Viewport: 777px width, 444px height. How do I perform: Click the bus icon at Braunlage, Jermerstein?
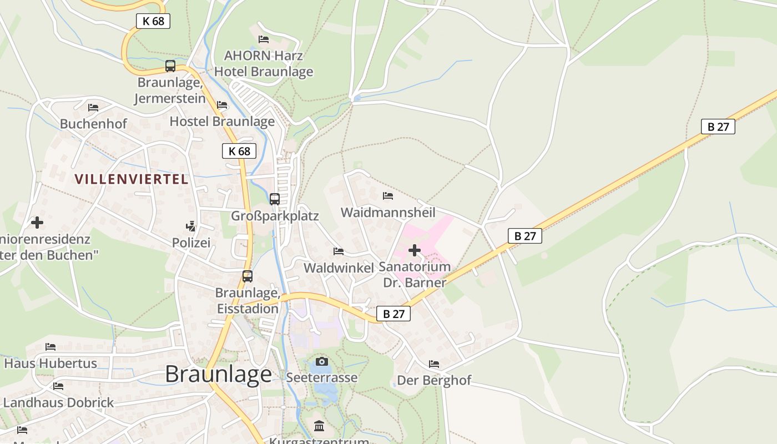[170, 66]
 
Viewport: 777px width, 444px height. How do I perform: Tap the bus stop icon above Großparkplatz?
[275, 199]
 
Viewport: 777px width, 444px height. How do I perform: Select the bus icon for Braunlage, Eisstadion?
[248, 276]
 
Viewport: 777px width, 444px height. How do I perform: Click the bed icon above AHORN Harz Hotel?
[264, 39]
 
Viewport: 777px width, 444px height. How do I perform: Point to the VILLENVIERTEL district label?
[132, 179]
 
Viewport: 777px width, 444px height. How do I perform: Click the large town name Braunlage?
[218, 374]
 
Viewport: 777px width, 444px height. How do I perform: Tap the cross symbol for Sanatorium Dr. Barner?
[415, 250]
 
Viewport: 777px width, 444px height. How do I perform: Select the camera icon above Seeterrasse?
[322, 362]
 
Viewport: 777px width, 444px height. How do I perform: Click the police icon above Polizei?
[191, 226]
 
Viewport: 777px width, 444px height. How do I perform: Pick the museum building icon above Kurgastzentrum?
[319, 426]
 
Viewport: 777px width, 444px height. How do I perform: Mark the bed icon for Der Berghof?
[434, 364]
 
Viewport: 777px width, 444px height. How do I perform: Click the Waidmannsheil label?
[388, 213]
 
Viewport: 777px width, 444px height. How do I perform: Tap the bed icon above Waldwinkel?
[339, 251]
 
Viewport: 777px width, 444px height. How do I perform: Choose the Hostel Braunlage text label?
[222, 121]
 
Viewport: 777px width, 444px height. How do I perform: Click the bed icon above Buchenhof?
[93, 107]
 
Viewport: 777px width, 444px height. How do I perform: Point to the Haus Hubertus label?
[51, 364]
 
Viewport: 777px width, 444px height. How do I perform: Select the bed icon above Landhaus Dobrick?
[58, 386]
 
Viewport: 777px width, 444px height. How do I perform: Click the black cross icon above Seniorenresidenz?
[37, 223]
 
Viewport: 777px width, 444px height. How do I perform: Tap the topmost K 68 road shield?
[153, 21]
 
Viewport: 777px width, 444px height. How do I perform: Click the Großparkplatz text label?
[275, 216]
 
